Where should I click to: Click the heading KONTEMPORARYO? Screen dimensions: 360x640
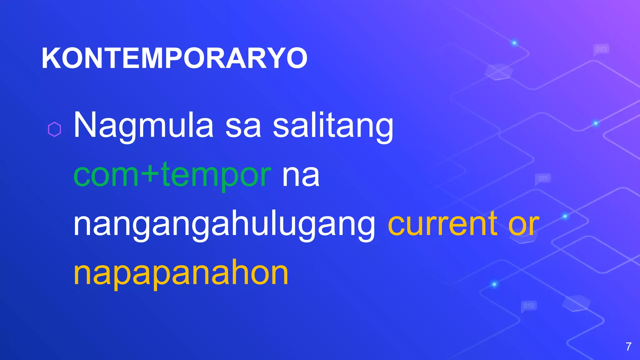(174, 58)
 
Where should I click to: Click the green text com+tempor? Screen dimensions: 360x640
(172, 175)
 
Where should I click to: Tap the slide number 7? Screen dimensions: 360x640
(628, 347)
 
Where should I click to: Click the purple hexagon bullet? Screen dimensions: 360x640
(54, 129)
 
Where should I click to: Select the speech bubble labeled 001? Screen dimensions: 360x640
(601, 49)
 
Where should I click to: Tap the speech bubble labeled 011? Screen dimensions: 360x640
(543, 178)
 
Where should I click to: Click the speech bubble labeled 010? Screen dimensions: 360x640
(529, 306)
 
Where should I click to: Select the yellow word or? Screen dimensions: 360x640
(524, 224)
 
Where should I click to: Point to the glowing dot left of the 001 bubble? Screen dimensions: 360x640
(514, 43)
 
